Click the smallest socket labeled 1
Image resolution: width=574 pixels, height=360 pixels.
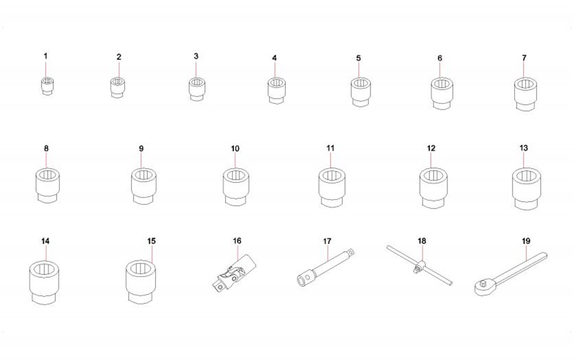47,86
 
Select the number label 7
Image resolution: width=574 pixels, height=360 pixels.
524,58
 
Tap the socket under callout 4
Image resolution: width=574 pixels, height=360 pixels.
277,90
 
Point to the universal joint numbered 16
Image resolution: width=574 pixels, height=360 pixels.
234,273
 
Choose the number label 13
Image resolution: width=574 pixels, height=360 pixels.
524,148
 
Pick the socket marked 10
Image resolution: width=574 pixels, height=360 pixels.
236,186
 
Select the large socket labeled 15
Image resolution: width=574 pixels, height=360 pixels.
141,281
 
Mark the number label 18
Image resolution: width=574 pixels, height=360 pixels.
422,241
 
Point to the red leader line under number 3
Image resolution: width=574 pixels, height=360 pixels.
196,70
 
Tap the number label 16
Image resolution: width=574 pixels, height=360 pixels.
237,241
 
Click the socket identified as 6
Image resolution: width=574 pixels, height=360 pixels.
442,93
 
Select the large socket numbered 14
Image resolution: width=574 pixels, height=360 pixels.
45,282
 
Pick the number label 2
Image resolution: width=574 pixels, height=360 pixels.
119,57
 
